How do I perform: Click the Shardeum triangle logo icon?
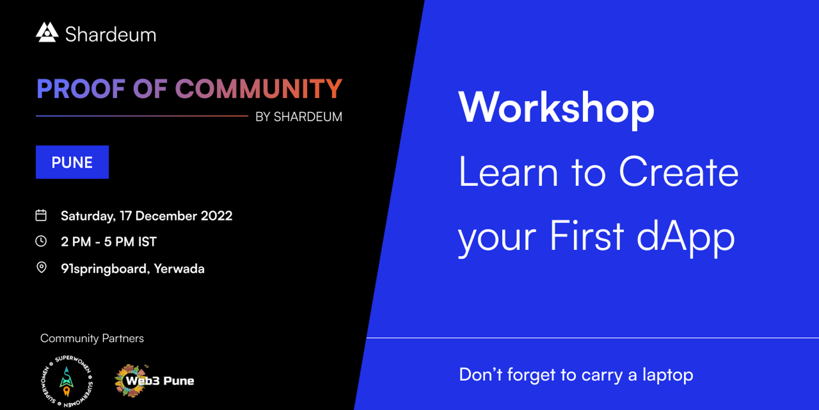tap(47, 32)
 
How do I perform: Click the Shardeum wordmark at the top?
tap(110, 35)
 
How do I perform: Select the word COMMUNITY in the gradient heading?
tap(259, 89)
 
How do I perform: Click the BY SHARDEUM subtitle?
tap(299, 117)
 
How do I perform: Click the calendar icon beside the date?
tap(41, 215)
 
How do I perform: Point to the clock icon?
tap(41, 241)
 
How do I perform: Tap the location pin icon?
tap(41, 268)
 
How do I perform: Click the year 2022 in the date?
tap(217, 216)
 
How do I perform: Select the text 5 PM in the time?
tap(119, 242)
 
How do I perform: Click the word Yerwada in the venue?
tap(179, 269)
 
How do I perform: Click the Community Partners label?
tap(92, 338)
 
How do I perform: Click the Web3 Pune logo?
tap(154, 381)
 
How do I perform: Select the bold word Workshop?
tap(557, 108)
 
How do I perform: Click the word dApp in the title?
tap(686, 237)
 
